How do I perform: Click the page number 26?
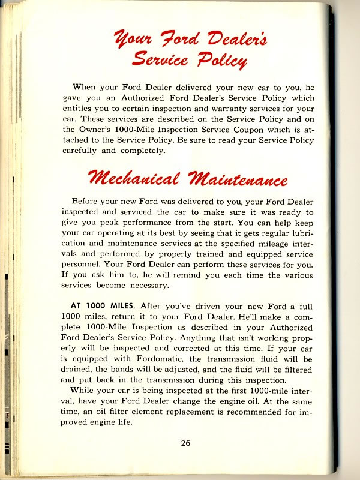(x=185, y=443)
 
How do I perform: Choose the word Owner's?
(x=95, y=129)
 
